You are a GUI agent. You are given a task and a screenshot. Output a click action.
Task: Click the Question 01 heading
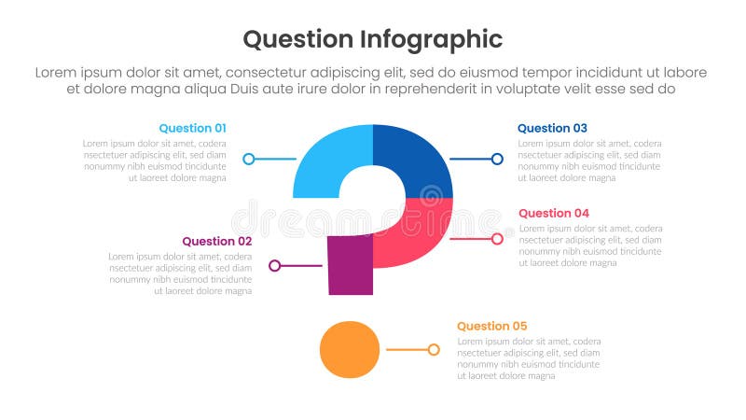[192, 128]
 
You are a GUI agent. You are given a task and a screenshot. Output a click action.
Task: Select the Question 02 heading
[216, 241]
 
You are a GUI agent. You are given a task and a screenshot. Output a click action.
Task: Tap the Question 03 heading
[552, 128]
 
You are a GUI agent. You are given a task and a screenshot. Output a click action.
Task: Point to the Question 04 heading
[553, 213]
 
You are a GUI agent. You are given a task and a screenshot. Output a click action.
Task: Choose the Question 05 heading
[491, 326]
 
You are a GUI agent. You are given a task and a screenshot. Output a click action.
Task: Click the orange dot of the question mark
[350, 349]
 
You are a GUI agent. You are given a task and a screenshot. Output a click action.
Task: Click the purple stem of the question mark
[350, 265]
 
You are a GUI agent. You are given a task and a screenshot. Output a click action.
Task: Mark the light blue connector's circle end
[248, 159]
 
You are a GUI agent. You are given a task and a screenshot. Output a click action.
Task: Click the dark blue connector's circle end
[497, 159]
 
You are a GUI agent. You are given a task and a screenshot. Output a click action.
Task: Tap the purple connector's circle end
[274, 266]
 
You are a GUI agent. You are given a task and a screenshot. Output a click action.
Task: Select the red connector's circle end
[497, 239]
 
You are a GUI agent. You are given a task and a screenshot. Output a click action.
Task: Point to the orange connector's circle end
[434, 350]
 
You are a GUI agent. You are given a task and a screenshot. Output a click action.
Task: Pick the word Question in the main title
[297, 39]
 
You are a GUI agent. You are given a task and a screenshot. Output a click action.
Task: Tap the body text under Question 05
[528, 358]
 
